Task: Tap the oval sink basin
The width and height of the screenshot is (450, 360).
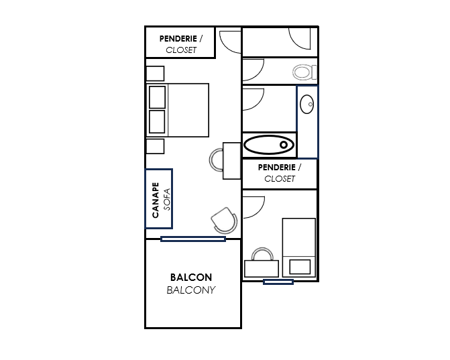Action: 306,104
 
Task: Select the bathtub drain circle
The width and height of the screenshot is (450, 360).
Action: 284,145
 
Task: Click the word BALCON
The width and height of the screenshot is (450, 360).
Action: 191,278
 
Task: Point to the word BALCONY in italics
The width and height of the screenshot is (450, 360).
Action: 191,290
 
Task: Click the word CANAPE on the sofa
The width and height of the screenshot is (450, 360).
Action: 156,200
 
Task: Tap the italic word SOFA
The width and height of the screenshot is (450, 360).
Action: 167,199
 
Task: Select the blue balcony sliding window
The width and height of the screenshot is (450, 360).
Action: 193,239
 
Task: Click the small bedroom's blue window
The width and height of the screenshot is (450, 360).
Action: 278,282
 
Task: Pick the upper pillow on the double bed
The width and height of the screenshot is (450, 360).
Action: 158,97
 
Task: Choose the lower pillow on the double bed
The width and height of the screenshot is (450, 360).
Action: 158,121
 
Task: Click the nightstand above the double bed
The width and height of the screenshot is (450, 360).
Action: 156,74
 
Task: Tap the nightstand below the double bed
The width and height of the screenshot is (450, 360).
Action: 156,146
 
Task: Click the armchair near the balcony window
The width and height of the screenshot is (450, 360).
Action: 225,220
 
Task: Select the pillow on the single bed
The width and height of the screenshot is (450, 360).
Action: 300,267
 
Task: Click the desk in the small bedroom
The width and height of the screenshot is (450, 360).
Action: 262,269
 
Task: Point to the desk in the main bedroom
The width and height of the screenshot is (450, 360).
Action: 232,161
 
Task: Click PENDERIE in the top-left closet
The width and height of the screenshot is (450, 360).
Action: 178,38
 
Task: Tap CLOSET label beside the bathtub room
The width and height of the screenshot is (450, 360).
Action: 280,179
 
